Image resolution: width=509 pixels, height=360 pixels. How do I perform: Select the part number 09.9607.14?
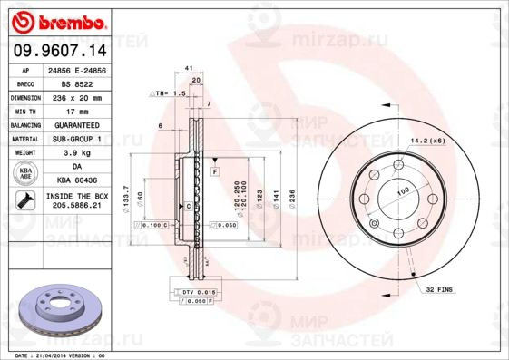click(57, 53)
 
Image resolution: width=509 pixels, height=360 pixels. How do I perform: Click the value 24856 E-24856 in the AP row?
click(77, 70)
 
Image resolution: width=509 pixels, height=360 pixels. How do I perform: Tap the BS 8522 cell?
click(77, 83)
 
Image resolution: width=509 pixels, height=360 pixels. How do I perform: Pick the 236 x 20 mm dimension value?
click(77, 96)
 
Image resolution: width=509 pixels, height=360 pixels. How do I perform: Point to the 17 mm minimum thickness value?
click(77, 110)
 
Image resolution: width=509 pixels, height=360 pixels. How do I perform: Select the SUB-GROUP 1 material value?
click(77, 139)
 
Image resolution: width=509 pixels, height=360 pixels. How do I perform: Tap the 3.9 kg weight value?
click(77, 153)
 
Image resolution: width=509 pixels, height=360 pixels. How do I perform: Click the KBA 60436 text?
click(77, 181)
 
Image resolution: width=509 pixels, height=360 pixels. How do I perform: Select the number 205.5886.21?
click(77, 206)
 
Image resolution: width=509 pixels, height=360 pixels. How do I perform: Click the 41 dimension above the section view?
click(189, 69)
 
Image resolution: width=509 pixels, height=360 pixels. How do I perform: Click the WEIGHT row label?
click(25, 153)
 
